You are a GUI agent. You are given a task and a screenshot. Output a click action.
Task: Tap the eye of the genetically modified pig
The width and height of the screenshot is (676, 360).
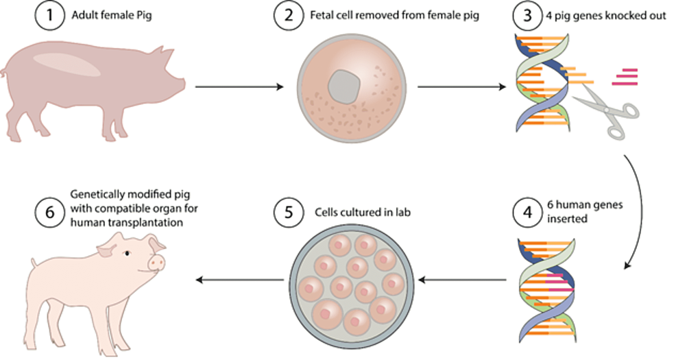[x=127, y=254]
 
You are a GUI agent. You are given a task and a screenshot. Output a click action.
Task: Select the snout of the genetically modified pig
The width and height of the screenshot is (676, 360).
[x=157, y=262]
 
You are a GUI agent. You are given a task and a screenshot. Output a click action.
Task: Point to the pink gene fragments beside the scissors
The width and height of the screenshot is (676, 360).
[x=625, y=76]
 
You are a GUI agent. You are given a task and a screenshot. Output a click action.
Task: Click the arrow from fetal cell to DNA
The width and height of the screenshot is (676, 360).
[x=462, y=87]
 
